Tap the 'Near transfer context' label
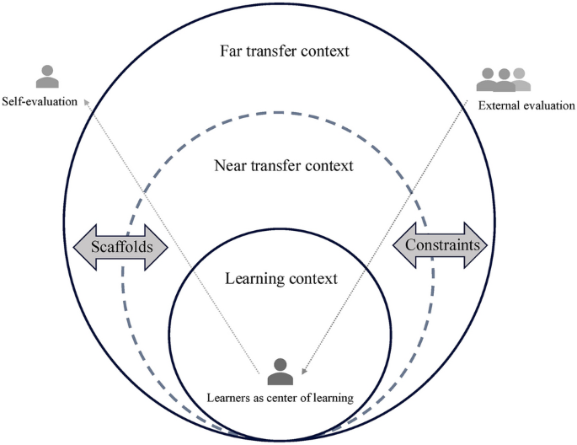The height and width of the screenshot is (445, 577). point(283,166)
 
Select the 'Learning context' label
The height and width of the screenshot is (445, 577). point(283,278)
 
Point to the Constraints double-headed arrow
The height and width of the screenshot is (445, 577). point(440,245)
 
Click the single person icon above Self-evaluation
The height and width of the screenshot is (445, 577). point(47,76)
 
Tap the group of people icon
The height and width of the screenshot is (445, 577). point(505,79)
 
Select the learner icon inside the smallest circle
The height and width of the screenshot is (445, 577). point(280,372)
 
